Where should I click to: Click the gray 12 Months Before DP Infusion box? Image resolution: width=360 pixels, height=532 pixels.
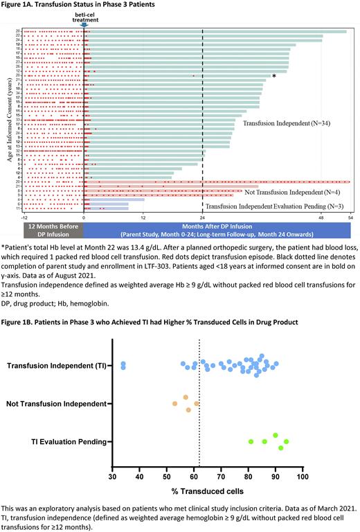click(x=53, y=230)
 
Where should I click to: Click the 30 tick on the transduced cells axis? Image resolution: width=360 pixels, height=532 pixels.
click(x=113, y=477)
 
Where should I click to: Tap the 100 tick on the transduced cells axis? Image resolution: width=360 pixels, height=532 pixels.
click(x=303, y=477)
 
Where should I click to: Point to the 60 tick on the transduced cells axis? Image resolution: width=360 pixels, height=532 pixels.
click(x=194, y=477)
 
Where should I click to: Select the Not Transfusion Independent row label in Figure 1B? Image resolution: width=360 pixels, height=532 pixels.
click(x=56, y=403)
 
